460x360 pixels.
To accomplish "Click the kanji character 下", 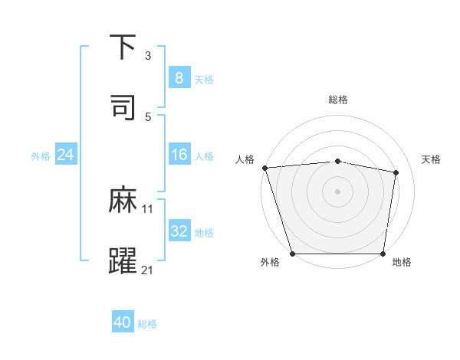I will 123,47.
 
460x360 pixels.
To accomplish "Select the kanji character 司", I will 123,107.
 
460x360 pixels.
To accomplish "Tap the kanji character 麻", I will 123,201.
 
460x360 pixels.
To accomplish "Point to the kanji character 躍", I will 123,261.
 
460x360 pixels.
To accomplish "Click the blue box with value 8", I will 179,77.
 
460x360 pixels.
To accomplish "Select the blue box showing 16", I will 179,155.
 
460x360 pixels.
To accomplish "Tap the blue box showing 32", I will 179,231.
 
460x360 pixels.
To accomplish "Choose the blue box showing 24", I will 66,155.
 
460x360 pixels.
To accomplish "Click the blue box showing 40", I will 123,322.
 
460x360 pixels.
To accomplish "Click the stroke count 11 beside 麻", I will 148,208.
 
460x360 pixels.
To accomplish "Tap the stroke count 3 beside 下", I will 148,55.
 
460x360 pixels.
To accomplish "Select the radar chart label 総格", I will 338,100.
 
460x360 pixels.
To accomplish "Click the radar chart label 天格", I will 432,159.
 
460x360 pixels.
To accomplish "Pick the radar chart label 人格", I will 245,159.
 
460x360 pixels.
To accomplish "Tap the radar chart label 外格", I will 270,263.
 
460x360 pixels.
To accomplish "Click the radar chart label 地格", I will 402,263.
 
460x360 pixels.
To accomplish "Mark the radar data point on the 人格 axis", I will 264,168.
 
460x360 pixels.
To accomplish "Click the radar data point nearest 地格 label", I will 383,254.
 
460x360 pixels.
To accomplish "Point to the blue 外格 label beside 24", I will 41,156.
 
